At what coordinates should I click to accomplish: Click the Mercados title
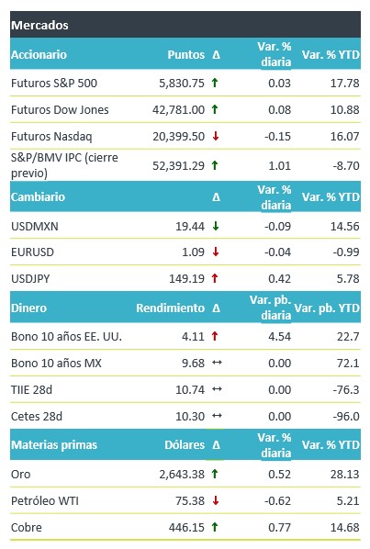pos(39,25)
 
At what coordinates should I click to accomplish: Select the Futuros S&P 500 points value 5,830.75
pos(182,84)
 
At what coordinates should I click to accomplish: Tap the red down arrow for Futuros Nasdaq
pos(216,136)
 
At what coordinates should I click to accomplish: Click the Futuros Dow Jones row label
pos(60,110)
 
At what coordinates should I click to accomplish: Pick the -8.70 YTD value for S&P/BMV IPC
pos(346,165)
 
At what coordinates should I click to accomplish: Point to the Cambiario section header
pos(38,196)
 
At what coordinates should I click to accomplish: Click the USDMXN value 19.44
pos(190,227)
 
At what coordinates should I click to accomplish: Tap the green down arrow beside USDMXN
pos(216,226)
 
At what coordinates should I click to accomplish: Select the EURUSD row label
pos(32,252)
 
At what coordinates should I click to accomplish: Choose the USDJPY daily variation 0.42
pos(279,279)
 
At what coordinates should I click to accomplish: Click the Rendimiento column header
pos(170,308)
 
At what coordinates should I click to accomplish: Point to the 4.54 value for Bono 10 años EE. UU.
pos(279,337)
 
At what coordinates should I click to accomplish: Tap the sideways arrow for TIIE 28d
pos(217,389)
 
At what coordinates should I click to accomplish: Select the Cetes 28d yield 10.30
pos(190,416)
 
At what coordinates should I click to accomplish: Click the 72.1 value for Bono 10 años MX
pos(348,363)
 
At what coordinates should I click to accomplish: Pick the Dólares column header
pos(185,445)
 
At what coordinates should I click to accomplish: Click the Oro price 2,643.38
pos(182,475)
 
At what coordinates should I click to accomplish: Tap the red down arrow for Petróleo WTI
pos(216,500)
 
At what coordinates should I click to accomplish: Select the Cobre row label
pos(27,527)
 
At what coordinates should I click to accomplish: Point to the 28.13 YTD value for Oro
pos(345,475)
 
